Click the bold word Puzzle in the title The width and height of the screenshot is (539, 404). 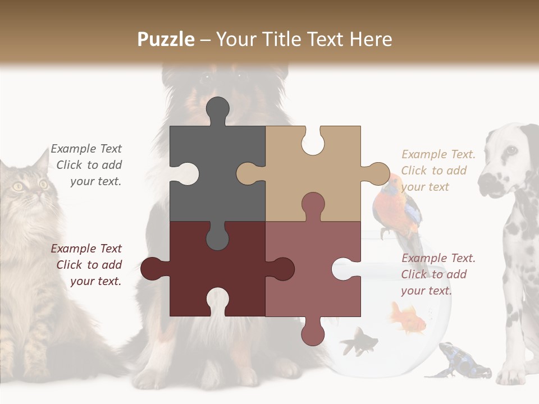pyautogui.click(x=166, y=39)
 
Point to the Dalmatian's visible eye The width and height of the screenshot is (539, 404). pyautogui.click(x=511, y=150)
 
